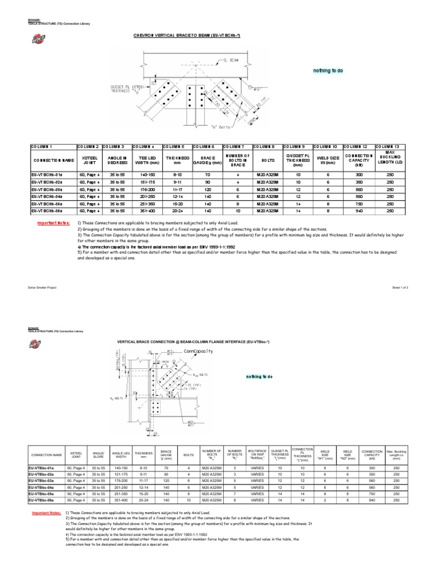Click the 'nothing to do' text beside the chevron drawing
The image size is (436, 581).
[325, 71]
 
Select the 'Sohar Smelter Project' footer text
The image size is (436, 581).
[39, 288]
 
